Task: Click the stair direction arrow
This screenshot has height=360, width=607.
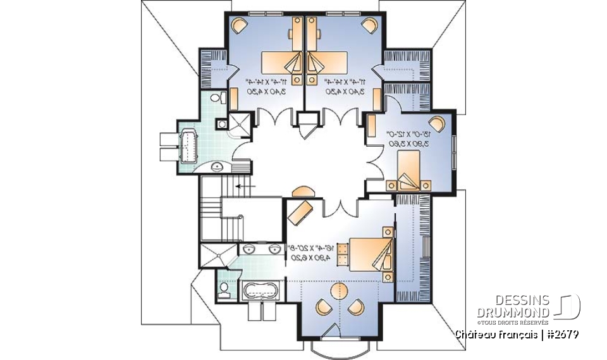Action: pos(242,187)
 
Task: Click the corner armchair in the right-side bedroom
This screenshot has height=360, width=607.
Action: pos(436,123)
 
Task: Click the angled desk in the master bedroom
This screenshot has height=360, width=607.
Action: pos(301,210)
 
